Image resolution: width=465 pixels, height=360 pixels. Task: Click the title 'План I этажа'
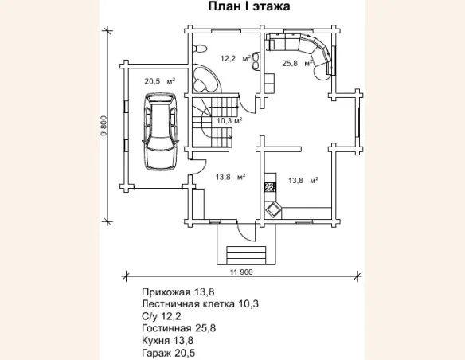[x=248, y=6]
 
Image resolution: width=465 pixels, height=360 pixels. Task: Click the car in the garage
[x=160, y=131]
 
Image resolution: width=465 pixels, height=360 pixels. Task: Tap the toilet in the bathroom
[x=199, y=49]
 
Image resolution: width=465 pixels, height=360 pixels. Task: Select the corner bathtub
[x=205, y=78]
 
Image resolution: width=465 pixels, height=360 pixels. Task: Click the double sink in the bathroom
[x=256, y=61]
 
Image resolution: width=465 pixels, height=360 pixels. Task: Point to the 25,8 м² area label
[x=297, y=63]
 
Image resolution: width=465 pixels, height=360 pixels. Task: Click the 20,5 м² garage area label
[x=159, y=81]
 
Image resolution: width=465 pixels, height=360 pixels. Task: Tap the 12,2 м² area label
[x=236, y=58]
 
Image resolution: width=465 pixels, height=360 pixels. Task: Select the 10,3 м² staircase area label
[x=229, y=121]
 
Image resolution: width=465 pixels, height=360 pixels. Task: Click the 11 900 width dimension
[x=241, y=272]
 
